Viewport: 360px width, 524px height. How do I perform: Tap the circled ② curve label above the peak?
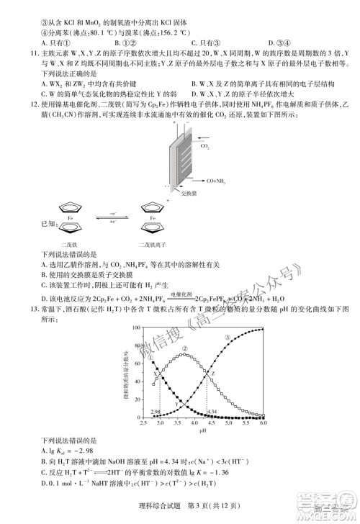pos(184,348)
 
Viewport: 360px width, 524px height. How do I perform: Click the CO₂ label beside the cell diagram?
pos(205,145)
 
